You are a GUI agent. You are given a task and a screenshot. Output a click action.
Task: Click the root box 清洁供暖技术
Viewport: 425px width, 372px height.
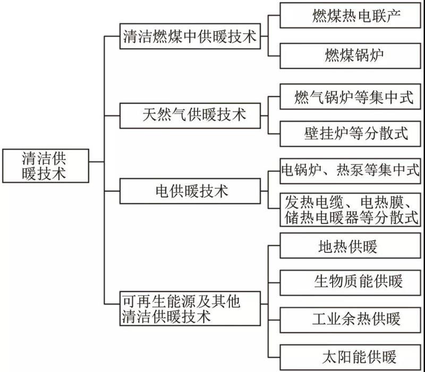coord(45,166)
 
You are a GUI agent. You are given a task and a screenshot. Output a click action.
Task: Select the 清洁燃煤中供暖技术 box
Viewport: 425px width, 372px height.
coord(189,37)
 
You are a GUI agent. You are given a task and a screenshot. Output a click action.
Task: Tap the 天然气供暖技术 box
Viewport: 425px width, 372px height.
coord(189,114)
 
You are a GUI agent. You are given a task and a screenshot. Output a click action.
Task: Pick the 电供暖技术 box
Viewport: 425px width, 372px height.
coord(189,190)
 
